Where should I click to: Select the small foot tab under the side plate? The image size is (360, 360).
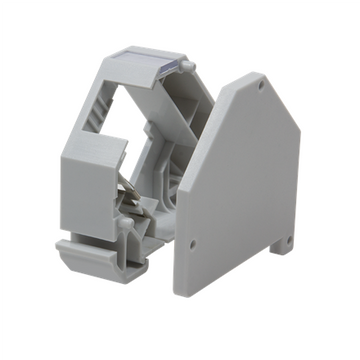click(288, 243)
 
